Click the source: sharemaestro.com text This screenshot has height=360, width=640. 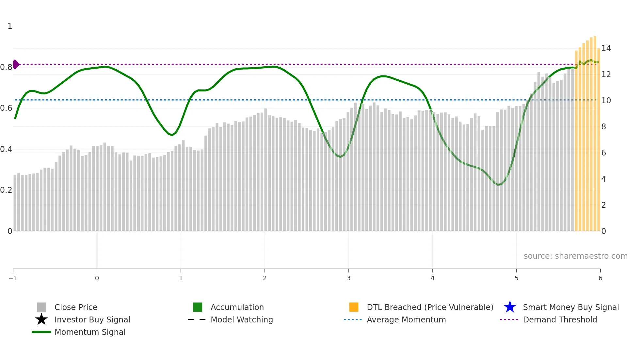[575, 256]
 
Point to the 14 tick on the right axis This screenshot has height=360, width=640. [606, 48]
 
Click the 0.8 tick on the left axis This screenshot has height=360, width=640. [6, 67]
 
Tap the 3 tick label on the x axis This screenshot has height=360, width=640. [349, 278]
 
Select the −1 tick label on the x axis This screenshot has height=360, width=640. [13, 278]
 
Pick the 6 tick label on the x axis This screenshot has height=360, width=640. [600, 278]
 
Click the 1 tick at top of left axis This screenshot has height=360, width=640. [10, 26]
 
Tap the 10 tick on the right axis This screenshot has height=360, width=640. [606, 101]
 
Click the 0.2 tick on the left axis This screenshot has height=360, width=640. [6, 190]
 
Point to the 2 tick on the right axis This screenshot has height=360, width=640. [604, 205]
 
